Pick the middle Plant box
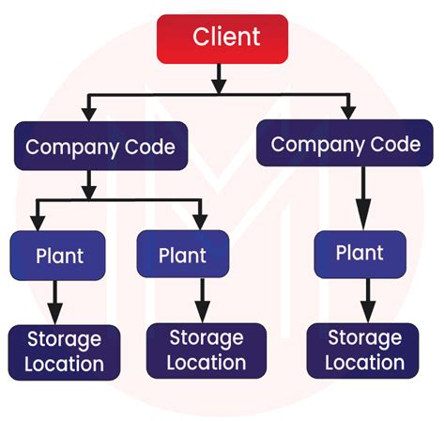pyautogui.click(x=184, y=255)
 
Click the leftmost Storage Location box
pyautogui.click(x=65, y=351)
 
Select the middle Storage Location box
pyautogui.click(x=207, y=349)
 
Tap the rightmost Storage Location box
pyautogui.click(x=367, y=350)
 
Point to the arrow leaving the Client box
pyautogui.click(x=219, y=77)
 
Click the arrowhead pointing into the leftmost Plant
pyautogui.click(x=38, y=224)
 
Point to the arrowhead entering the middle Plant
pyautogui.click(x=199, y=224)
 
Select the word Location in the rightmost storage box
pyautogui.click(x=367, y=362)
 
